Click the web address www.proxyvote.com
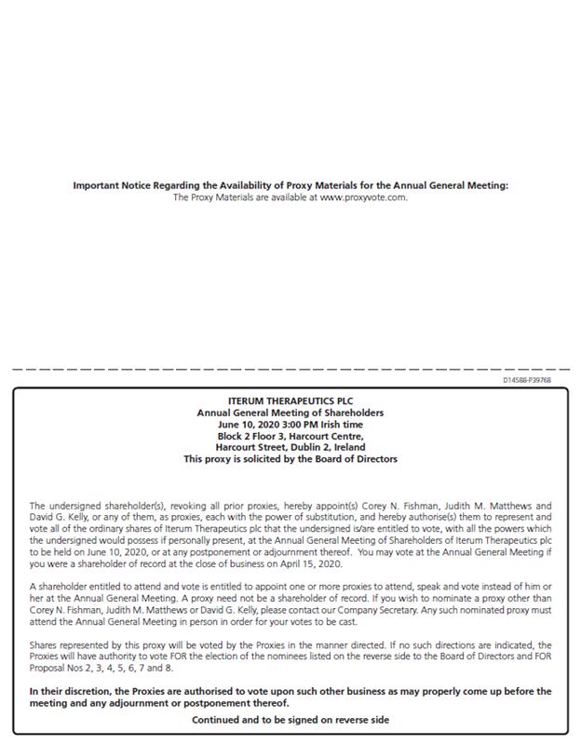tap(363, 196)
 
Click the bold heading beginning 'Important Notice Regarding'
tap(290, 185)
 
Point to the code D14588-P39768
tap(526, 380)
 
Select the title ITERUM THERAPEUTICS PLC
tap(290, 401)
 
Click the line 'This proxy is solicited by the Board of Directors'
tap(290, 459)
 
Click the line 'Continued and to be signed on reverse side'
tap(290, 720)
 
